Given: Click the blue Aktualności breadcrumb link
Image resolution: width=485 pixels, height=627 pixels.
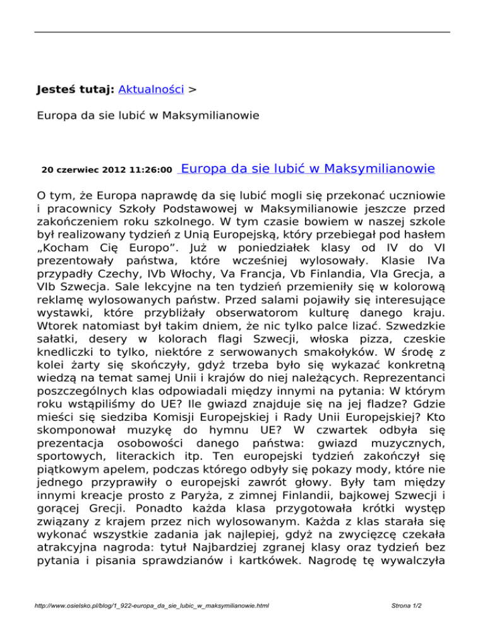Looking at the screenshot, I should [151, 90].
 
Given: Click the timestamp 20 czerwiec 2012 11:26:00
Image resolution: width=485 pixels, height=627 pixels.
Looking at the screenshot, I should [107, 170].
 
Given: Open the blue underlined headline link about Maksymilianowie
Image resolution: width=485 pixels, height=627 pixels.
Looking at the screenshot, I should [308, 168].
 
